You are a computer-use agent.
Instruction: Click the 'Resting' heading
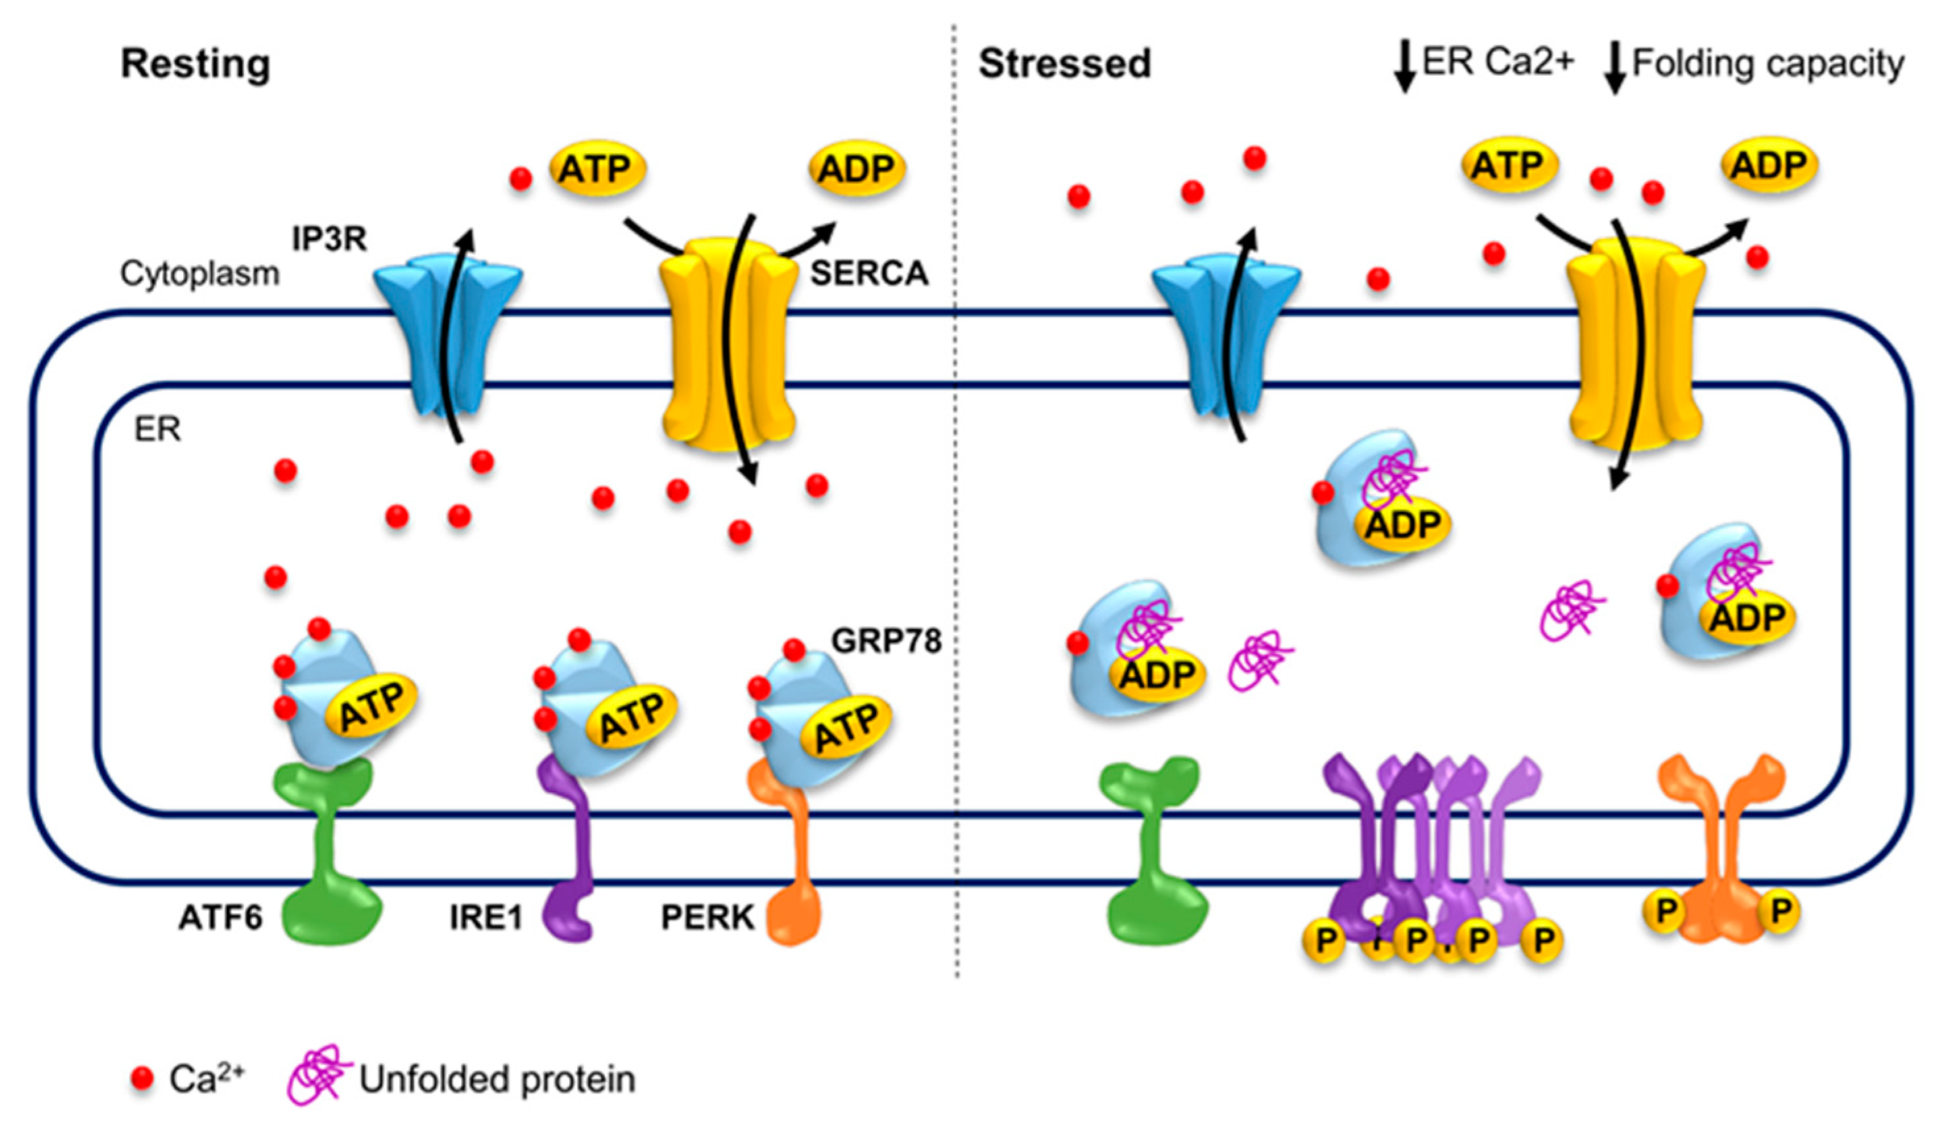point(195,64)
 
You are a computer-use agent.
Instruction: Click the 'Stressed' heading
point(1065,64)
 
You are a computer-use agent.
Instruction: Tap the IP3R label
point(329,240)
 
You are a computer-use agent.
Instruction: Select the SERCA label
point(869,273)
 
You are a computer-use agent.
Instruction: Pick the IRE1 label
point(486,918)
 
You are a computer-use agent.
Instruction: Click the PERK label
point(707,918)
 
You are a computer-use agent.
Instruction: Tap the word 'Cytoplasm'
point(200,274)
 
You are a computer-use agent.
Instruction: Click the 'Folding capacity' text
point(1768,64)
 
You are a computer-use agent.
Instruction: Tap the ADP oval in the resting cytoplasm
point(857,168)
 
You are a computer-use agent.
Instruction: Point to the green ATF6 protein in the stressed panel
point(1153,855)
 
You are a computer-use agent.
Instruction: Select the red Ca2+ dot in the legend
point(142,1079)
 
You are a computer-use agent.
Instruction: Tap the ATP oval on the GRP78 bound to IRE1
point(631,717)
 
